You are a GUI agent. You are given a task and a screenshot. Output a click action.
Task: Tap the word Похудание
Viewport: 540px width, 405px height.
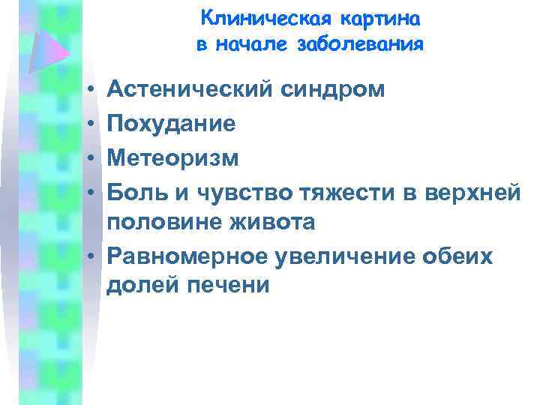tap(171, 124)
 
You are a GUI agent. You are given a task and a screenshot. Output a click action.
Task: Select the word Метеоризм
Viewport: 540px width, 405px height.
tap(172, 157)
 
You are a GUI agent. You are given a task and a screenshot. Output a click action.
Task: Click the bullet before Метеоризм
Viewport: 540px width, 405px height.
tap(88, 158)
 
